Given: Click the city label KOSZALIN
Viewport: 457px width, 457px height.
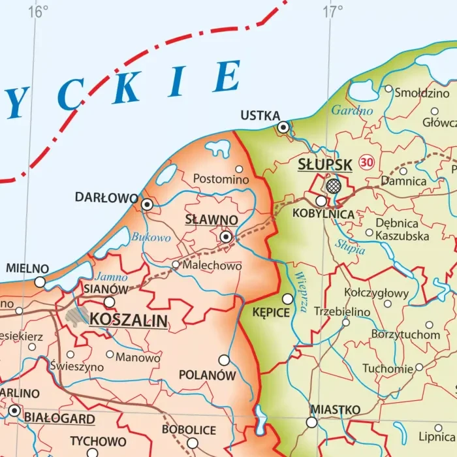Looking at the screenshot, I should pyautogui.click(x=128, y=321).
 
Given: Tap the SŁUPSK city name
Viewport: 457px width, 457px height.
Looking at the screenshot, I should pyautogui.click(x=324, y=165).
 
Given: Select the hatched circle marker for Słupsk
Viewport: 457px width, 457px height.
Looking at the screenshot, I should pyautogui.click(x=334, y=185).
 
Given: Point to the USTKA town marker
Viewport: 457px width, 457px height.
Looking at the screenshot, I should pyautogui.click(x=283, y=127).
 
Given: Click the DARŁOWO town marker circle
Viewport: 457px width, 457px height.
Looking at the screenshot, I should pyautogui.click(x=148, y=204).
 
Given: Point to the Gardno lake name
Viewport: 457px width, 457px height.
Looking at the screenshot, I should pyautogui.click(x=352, y=110).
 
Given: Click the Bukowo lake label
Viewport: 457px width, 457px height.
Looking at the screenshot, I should pyautogui.click(x=151, y=238).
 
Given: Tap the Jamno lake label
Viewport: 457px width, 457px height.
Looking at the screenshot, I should pyautogui.click(x=112, y=277).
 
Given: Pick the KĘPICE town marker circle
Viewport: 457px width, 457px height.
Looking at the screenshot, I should pyautogui.click(x=287, y=298).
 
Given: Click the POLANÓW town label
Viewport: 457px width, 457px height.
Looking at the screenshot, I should pyautogui.click(x=207, y=375).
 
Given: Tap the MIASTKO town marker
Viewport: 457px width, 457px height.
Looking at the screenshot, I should pyautogui.click(x=311, y=422).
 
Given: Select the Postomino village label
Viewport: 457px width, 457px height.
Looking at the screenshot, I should pyautogui.click(x=221, y=179).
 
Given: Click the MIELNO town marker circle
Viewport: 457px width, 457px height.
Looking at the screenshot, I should pyautogui.click(x=40, y=282).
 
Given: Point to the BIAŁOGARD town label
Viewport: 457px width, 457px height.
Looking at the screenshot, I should pyautogui.click(x=59, y=418).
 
